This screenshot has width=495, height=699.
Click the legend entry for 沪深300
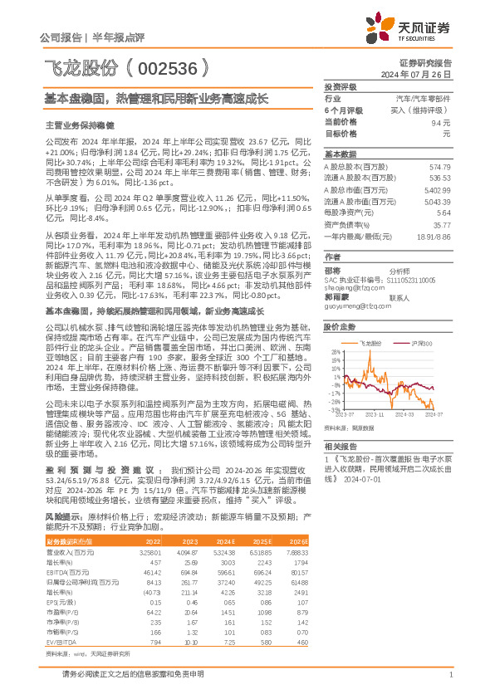pos(418,342)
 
